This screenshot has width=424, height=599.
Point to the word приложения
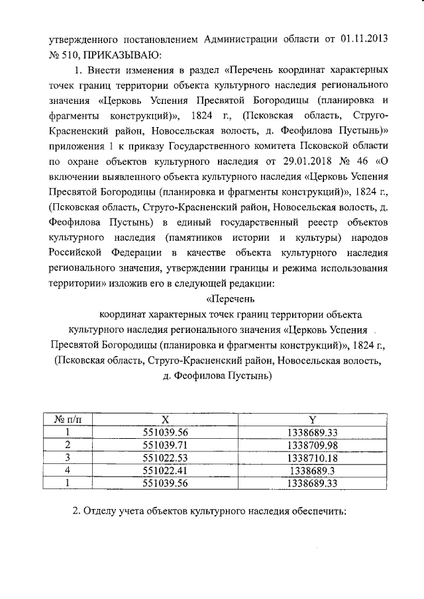click(x=77, y=145)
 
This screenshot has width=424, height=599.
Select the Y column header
click(x=313, y=420)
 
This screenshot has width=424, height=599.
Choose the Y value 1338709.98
click(x=313, y=445)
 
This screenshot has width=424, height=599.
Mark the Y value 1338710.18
click(x=313, y=457)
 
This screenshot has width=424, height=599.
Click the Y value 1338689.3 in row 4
click(x=313, y=470)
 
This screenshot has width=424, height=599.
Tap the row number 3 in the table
click(x=67, y=457)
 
